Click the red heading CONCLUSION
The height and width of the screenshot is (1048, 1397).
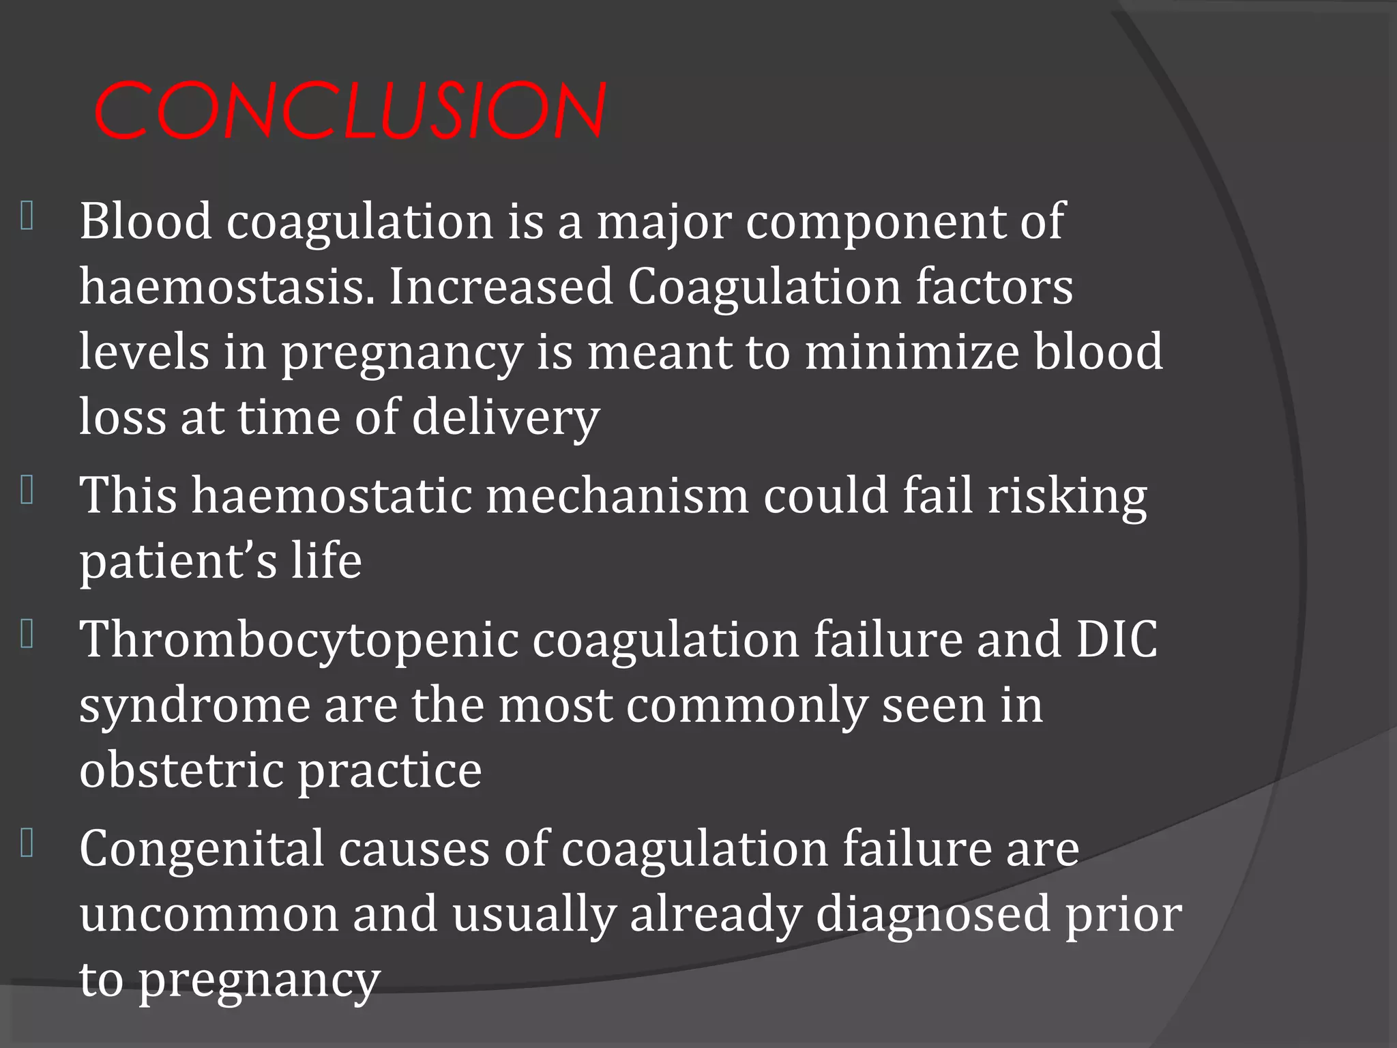[x=349, y=110]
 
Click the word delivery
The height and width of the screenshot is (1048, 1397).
[x=505, y=417]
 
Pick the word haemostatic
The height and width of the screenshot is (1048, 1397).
[x=332, y=495]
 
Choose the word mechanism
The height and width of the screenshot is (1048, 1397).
[x=617, y=495]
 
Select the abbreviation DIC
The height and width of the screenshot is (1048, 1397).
[x=1117, y=640]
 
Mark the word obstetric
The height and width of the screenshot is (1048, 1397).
[x=181, y=770]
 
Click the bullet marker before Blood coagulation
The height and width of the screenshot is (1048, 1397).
[x=27, y=216]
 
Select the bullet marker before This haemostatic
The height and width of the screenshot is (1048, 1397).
[x=27, y=491]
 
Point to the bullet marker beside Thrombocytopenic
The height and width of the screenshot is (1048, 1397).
[x=27, y=635]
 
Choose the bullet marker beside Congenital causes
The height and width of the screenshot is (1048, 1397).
[x=27, y=844]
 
